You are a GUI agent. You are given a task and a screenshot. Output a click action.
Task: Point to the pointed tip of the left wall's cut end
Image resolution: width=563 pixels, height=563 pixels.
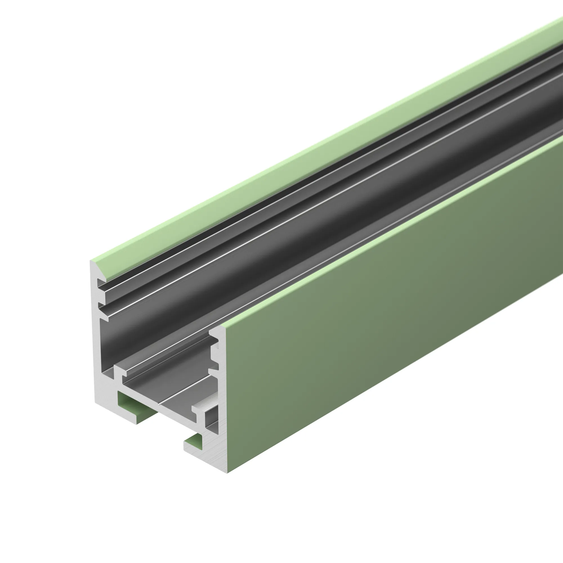(91, 262)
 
